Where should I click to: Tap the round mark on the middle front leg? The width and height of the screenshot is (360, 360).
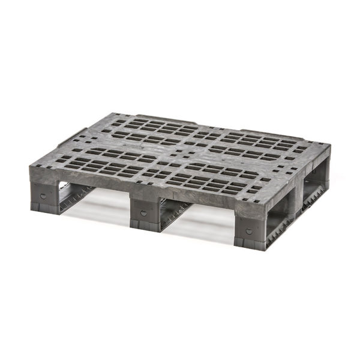pos(142,213)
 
